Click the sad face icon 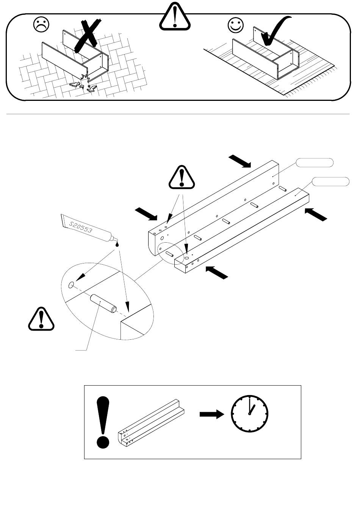point(41,25)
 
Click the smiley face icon point(236,25)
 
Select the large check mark point(276,32)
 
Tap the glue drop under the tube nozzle point(117,244)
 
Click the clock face point(250,414)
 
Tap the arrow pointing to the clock point(212,414)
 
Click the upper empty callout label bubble point(315,163)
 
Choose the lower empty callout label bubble point(331,182)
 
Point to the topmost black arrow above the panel point(240,161)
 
